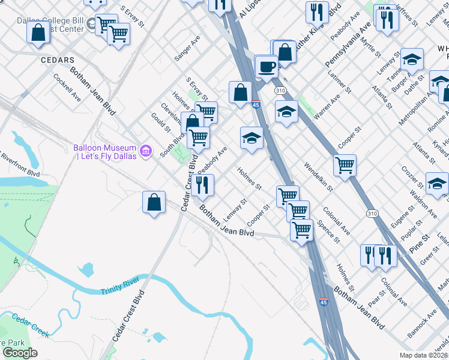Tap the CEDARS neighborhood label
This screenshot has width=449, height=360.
point(58,60)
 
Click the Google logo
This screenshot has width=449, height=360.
point(20,353)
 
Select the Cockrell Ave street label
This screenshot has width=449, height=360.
point(67,86)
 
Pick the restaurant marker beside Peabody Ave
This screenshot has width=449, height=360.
point(204,185)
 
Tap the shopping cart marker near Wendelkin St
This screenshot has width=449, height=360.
point(345,165)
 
